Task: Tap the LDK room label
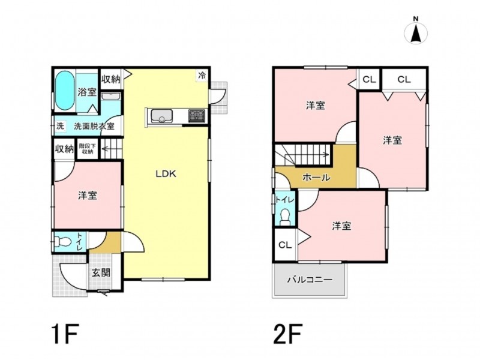coord(166,174)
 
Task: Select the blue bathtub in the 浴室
coord(65,91)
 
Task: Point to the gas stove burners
coord(197,115)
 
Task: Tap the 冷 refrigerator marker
coord(202,76)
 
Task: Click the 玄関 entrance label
coord(101,272)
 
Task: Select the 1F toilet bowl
coord(63,242)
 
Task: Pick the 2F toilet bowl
coord(285,217)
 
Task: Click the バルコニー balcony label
coord(310,280)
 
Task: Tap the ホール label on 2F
coord(316,177)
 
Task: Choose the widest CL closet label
coord(404,80)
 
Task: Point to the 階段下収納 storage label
coord(88,149)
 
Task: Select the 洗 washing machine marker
coord(61,126)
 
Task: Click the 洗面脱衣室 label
coord(94,126)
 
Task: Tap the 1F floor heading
coord(65,334)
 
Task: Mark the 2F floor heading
coord(288,334)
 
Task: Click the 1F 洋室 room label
coord(88,196)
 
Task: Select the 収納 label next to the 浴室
coord(111,79)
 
